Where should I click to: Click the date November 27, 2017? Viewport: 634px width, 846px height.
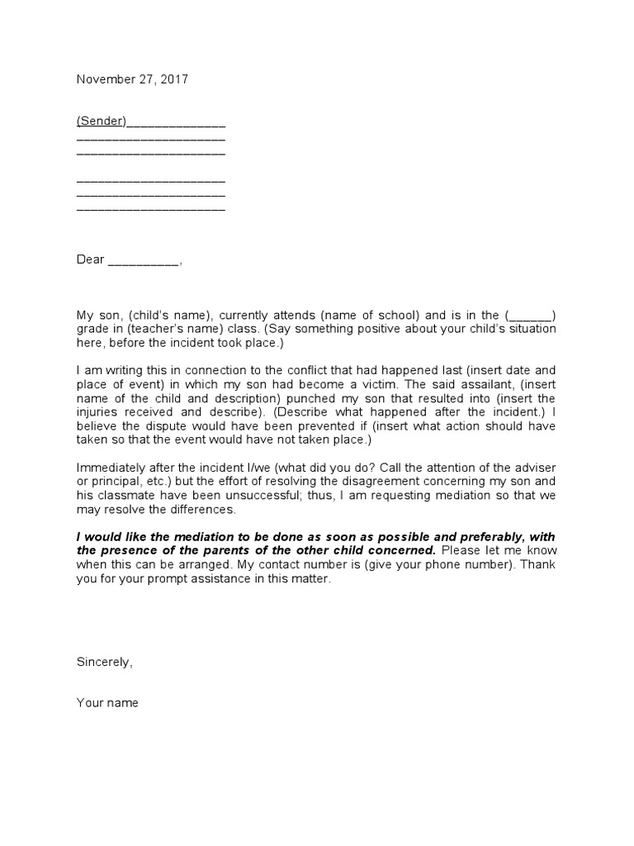[x=132, y=80]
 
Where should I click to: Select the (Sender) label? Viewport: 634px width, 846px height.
[x=102, y=121]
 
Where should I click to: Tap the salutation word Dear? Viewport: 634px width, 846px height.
[x=91, y=259]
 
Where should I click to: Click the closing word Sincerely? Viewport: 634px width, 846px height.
[x=103, y=662]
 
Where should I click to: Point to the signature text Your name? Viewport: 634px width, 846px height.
[x=107, y=703]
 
